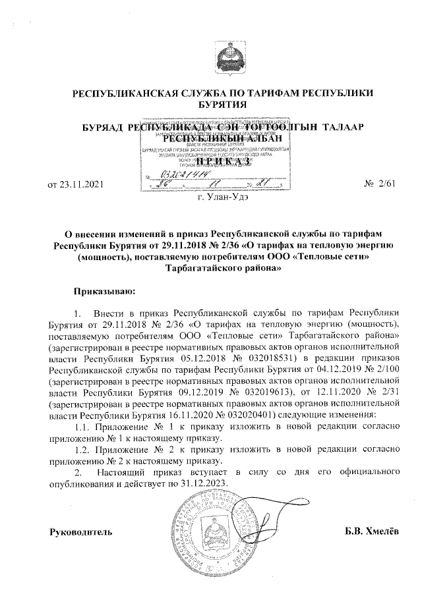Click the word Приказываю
(x=105, y=288)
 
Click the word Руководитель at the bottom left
(x=81, y=531)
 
